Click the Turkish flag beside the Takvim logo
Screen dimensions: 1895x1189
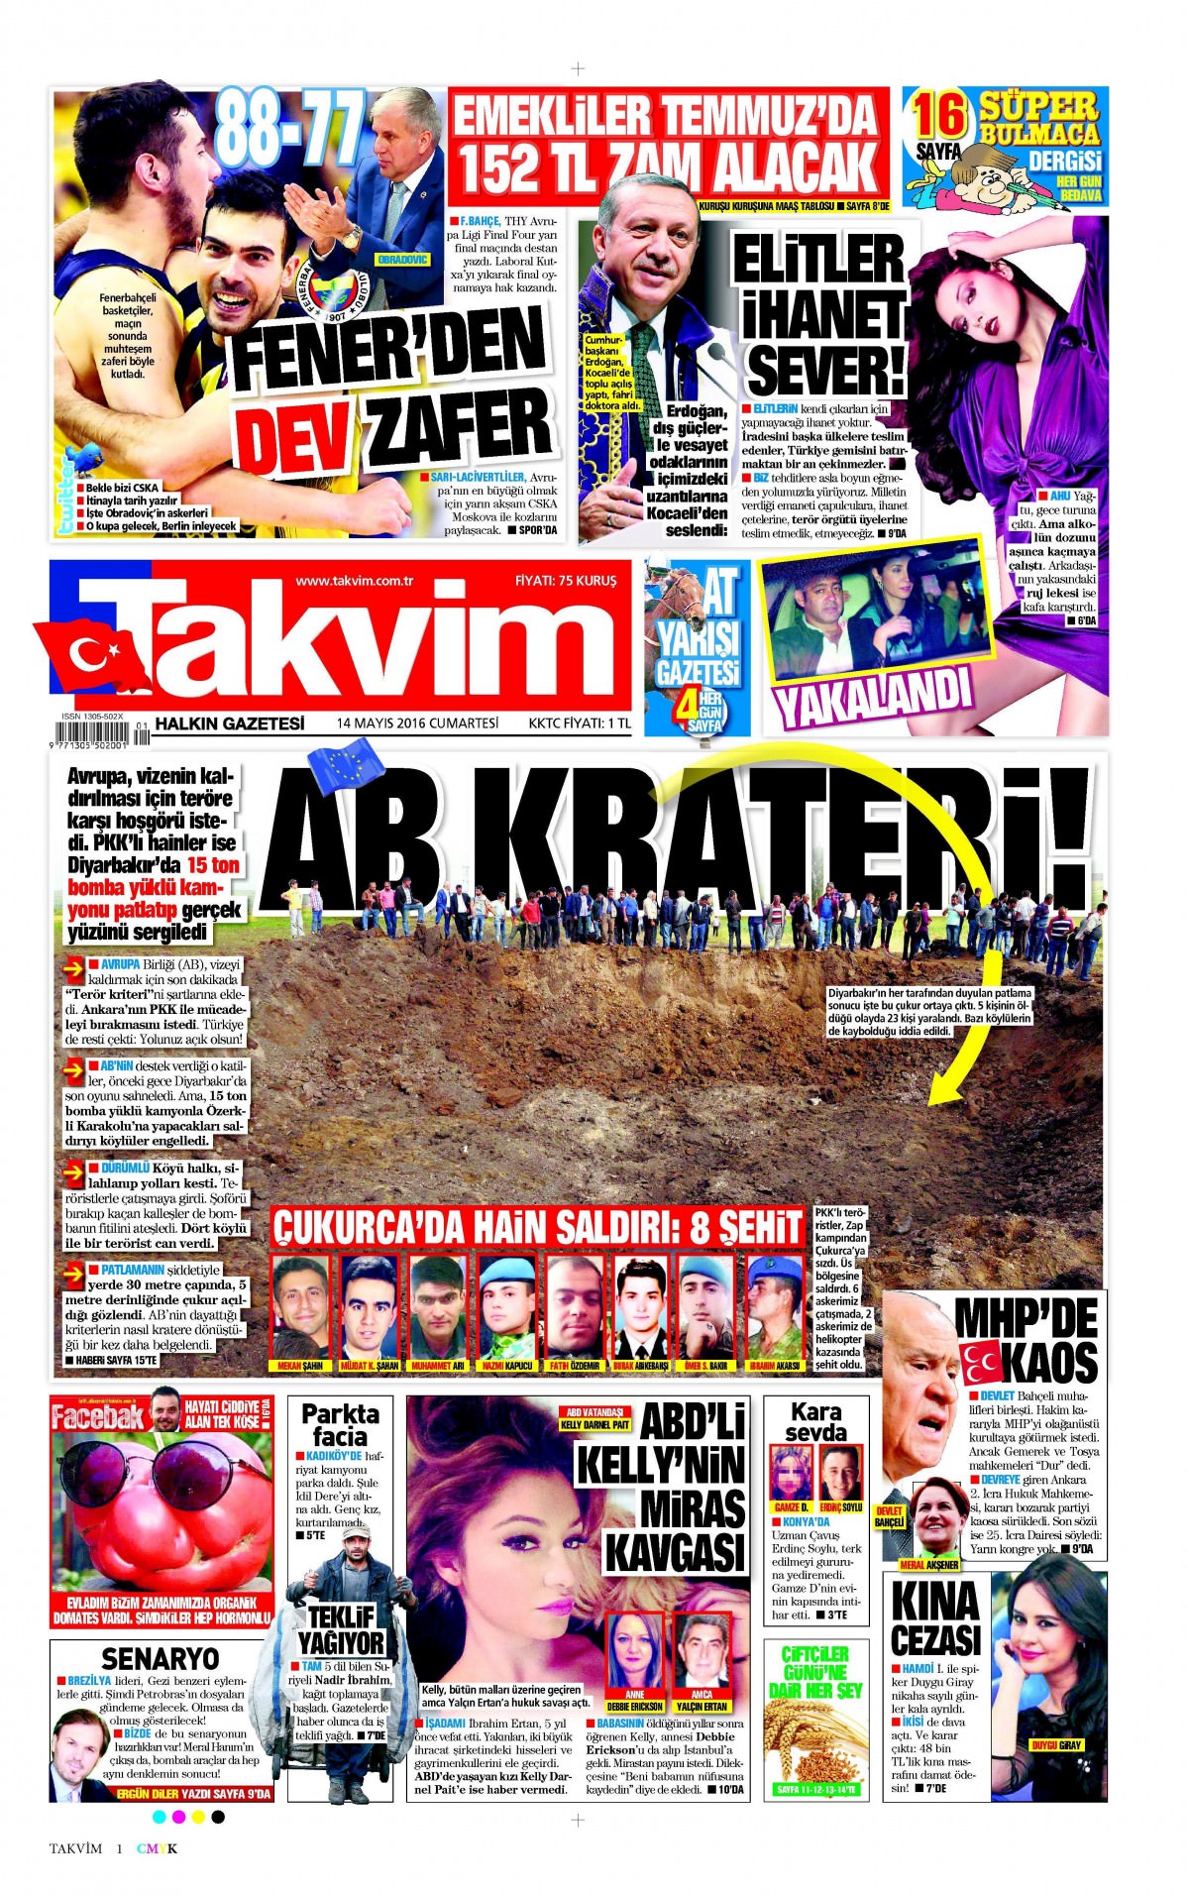tap(87, 657)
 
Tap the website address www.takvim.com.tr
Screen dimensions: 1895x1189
tap(354, 580)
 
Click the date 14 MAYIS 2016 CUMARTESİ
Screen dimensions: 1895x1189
tap(416, 723)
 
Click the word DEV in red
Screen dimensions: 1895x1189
tap(297, 434)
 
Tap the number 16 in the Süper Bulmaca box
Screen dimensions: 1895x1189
tap(939, 116)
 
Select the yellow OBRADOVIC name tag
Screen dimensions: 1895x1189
tap(403, 259)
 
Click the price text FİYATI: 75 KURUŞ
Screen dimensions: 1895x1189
tap(566, 580)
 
